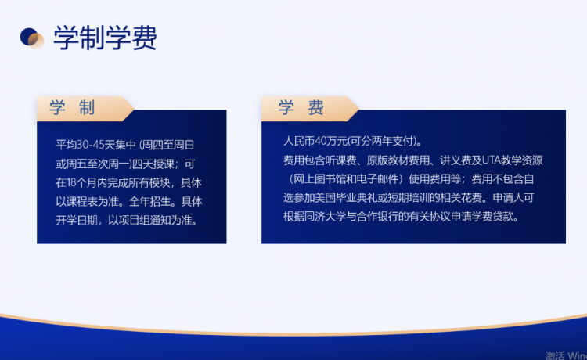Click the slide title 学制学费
(105, 38)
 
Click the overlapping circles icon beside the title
(32, 38)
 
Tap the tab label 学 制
(72, 107)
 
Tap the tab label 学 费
(301, 107)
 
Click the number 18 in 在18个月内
(71, 182)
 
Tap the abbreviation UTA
(492, 160)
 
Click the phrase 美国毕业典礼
(346, 197)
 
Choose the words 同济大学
(325, 216)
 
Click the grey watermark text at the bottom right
(566, 355)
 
